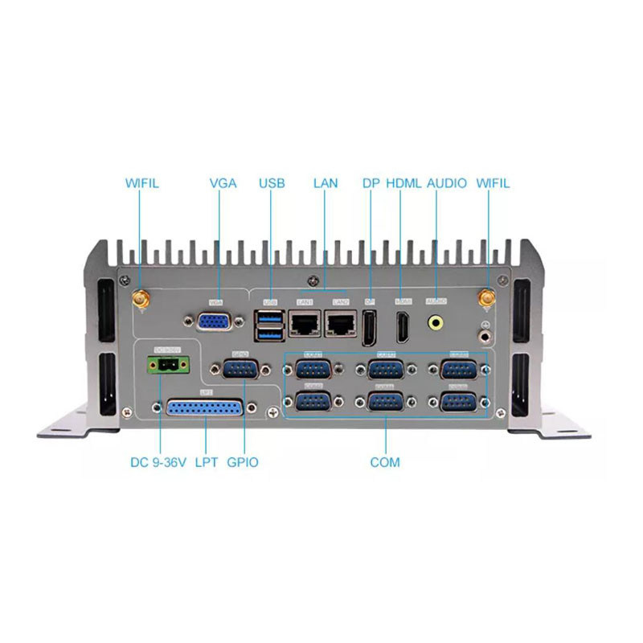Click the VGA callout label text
(x=223, y=183)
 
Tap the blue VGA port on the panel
(x=215, y=321)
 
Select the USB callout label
(x=272, y=183)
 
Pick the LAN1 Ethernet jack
(x=305, y=323)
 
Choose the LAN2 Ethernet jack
(x=341, y=323)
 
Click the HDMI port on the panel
(x=403, y=325)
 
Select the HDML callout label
(x=403, y=183)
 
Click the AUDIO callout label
(x=447, y=183)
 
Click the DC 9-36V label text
(x=158, y=463)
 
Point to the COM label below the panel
(x=385, y=463)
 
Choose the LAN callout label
(x=326, y=183)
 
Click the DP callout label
(x=371, y=183)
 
